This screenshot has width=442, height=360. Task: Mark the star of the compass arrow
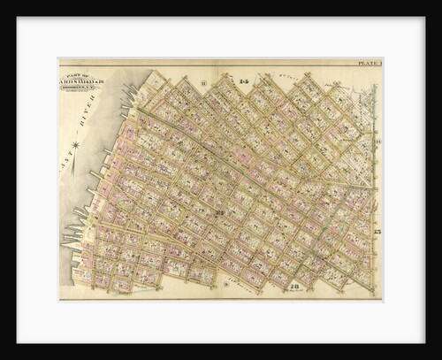coord(75,144)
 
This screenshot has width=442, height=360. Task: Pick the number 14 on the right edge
coord(377,142)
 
